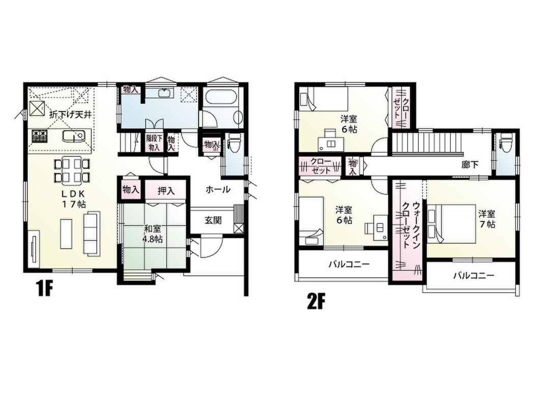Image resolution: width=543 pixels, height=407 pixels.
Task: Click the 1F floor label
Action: coord(44,289)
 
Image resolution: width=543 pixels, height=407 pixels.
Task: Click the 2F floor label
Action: coord(316,301)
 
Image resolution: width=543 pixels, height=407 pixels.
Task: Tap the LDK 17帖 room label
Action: coord(73,199)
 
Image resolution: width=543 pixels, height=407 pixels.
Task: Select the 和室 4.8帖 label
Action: coord(153,234)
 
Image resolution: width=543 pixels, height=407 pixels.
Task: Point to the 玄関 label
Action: coord(213,220)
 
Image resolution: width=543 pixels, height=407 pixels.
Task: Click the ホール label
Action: coord(218,189)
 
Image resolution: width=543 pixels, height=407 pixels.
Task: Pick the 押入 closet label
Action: coord(166,191)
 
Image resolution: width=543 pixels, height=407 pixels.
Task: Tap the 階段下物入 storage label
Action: coord(154,142)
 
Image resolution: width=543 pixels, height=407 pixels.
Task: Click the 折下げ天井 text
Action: coord(71,114)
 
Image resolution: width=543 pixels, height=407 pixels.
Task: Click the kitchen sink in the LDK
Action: coord(73,136)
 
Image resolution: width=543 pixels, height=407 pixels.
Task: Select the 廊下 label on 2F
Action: coord(470,165)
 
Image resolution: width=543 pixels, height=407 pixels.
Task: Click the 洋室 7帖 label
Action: coord(487,219)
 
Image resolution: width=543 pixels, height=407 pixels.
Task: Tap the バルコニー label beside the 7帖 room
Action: coord(474,276)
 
